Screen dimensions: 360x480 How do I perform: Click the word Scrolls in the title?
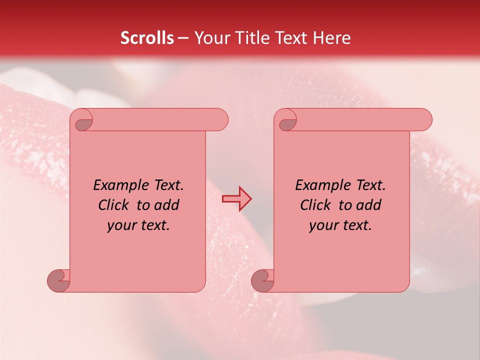point(147,38)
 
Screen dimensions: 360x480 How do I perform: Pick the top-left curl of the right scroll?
point(287,121)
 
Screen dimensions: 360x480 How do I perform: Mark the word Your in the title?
point(210,38)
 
